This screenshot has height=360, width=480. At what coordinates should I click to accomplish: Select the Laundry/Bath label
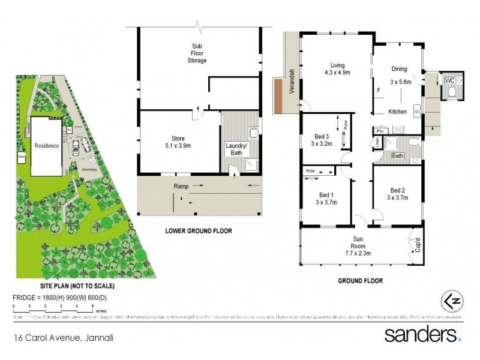(236, 149)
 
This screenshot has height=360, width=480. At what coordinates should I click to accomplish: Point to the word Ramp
(181, 186)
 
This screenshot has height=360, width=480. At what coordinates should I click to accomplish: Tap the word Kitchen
(398, 112)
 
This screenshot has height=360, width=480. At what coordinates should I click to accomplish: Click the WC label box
(449, 79)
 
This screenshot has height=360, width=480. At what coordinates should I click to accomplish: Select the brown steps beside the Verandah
(279, 95)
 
